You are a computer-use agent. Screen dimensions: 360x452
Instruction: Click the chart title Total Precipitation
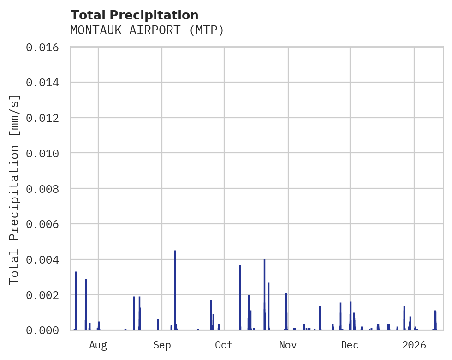coord(134,15)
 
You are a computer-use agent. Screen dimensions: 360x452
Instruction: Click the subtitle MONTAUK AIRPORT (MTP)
coord(147,30)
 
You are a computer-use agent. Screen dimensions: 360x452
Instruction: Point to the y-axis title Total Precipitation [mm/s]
coord(14,189)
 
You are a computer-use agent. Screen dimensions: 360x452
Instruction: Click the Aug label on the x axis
coord(98,345)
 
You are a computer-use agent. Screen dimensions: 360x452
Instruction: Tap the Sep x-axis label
coord(162,345)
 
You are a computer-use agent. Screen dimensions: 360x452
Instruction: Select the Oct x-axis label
coord(224,345)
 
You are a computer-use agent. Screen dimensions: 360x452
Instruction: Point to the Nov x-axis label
coord(288,345)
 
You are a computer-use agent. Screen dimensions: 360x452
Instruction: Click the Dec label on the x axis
coord(350,345)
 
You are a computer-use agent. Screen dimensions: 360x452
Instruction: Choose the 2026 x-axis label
coord(414,345)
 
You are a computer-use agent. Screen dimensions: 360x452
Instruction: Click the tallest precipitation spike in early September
coord(175,277)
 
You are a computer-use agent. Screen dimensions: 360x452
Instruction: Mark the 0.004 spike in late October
coord(264,286)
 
